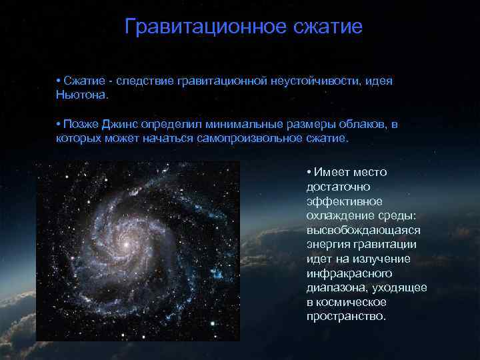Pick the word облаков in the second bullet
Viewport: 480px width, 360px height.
(x=365, y=125)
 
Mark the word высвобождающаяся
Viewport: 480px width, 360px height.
(x=363, y=229)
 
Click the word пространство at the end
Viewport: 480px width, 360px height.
(x=345, y=316)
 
